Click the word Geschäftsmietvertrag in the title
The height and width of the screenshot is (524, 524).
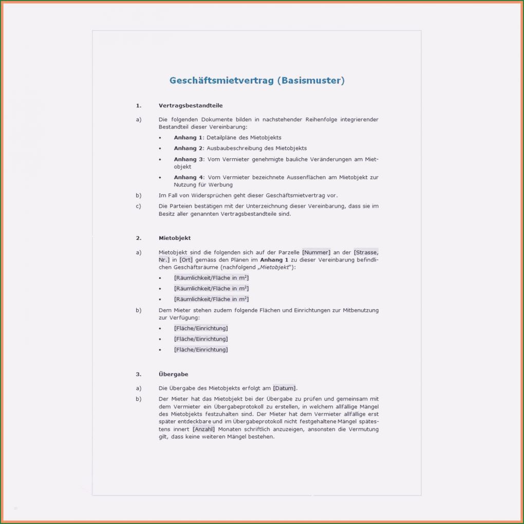pyautogui.click(x=222, y=81)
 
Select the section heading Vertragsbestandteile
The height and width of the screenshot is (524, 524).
pyautogui.click(x=191, y=105)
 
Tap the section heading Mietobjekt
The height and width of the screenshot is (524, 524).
pyautogui.click(x=175, y=238)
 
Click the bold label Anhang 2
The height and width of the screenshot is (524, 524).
pyautogui.click(x=189, y=148)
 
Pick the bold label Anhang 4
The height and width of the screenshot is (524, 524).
pyautogui.click(x=189, y=177)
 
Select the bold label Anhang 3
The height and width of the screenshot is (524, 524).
pyautogui.click(x=189, y=159)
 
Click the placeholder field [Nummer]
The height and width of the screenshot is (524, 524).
pyautogui.click(x=316, y=252)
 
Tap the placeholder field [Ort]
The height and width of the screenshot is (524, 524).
pyautogui.click(x=186, y=260)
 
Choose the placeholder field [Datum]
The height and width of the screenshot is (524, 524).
pyautogui.click(x=285, y=388)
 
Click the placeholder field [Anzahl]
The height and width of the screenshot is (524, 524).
pyautogui.click(x=203, y=429)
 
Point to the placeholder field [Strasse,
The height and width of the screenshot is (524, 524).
pyautogui.click(x=366, y=252)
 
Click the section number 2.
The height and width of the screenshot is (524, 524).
pyautogui.click(x=138, y=238)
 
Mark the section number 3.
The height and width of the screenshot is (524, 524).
pyautogui.click(x=138, y=375)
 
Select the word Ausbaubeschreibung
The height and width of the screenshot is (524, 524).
pyautogui.click(x=232, y=148)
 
